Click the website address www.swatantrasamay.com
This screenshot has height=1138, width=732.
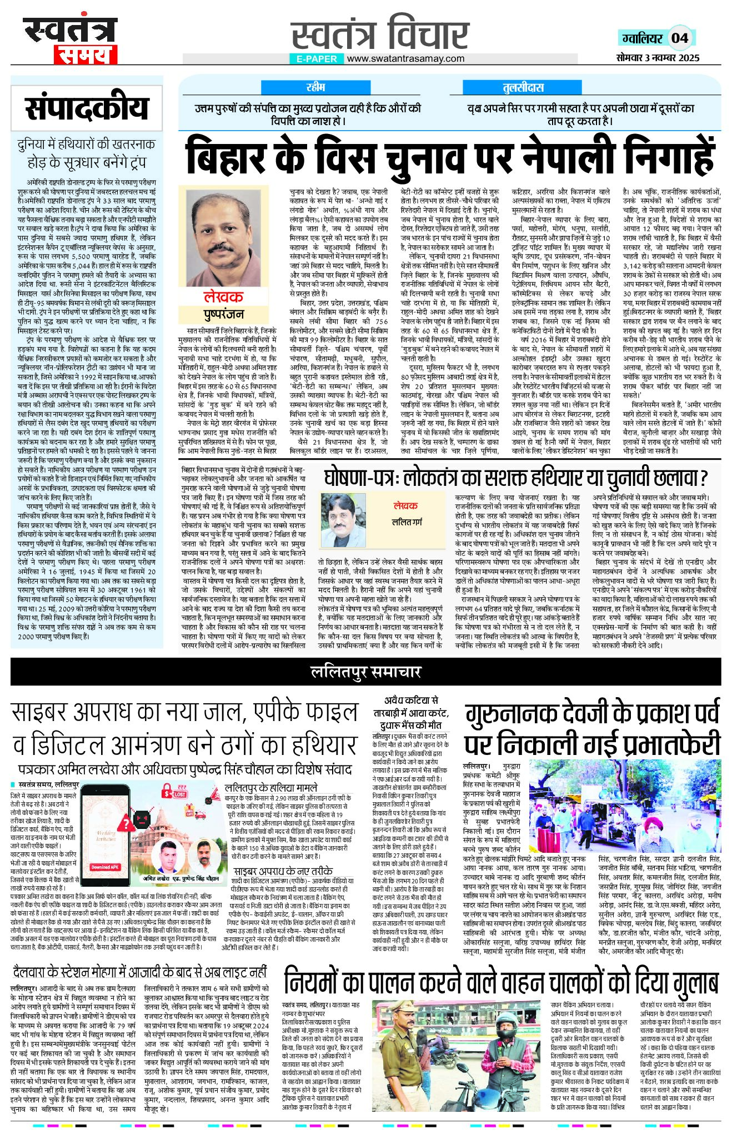[406, 58]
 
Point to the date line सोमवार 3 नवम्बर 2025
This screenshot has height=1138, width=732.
[658, 57]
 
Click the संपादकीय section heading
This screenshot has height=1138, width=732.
[87, 109]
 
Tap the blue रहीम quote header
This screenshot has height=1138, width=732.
[315, 87]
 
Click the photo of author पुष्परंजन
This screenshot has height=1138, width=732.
[223, 236]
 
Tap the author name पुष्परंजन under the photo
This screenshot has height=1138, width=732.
[223, 315]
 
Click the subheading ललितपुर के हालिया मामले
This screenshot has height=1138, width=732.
[271, 787]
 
